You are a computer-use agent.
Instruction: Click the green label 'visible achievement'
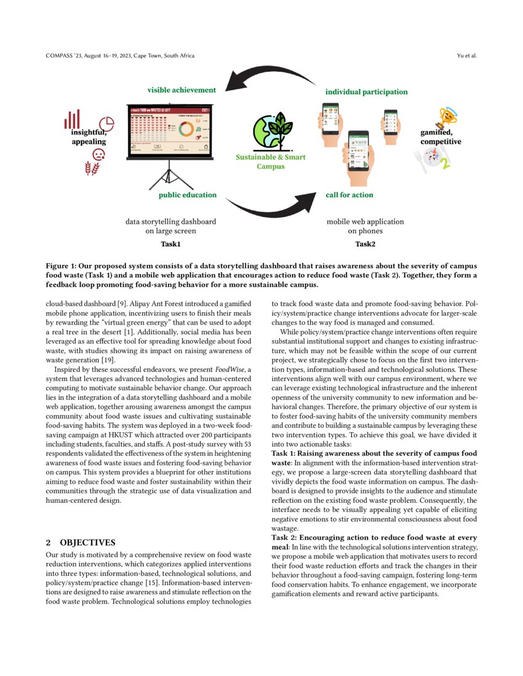click(x=182, y=90)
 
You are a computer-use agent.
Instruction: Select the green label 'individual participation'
click(x=366, y=92)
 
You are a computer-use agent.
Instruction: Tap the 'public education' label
click(x=188, y=195)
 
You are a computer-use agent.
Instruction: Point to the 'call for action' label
click(x=349, y=195)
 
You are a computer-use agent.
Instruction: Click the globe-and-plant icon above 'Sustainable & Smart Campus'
click(x=271, y=130)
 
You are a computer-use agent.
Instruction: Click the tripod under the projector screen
click(x=169, y=175)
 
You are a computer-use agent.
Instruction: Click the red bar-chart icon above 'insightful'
click(x=73, y=119)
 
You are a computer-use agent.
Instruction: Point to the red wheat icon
click(x=92, y=167)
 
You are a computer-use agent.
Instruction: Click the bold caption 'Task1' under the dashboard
click(x=170, y=245)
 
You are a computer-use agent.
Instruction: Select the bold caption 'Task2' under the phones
click(x=366, y=245)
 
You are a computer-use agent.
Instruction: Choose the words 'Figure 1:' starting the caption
click(x=63, y=265)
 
